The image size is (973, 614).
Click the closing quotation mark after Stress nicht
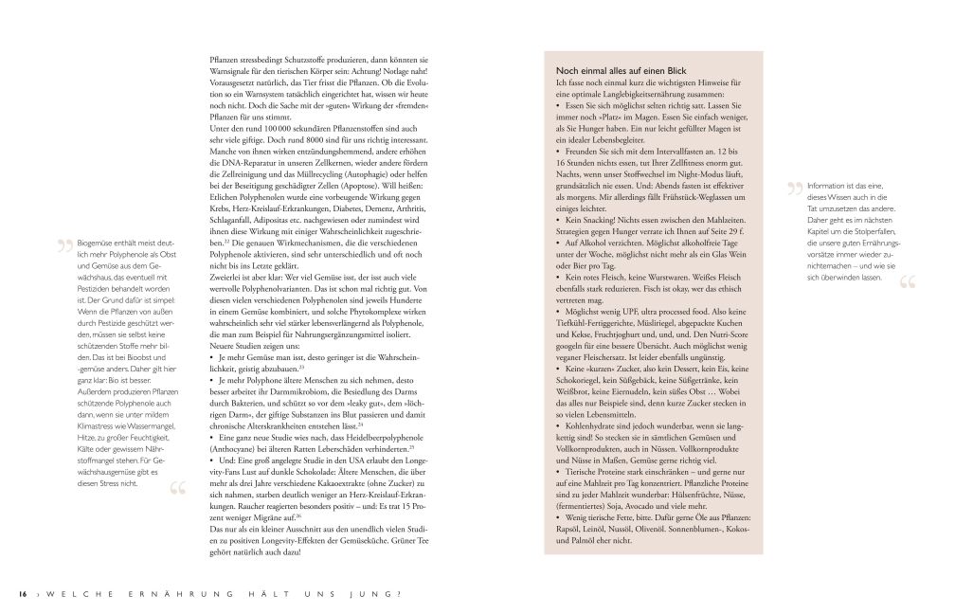click(x=176, y=490)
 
